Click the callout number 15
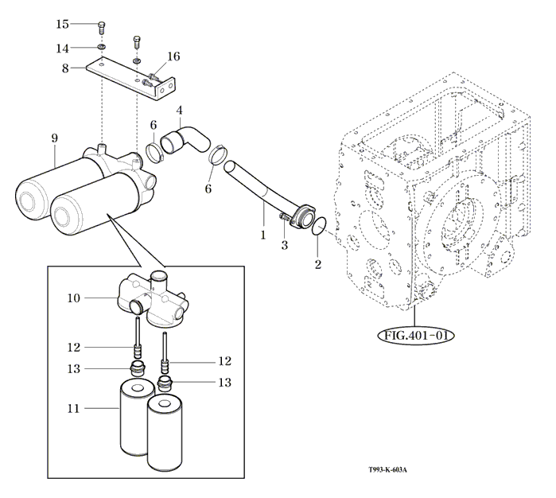(63, 25)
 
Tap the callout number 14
(63, 49)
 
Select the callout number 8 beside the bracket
(66, 69)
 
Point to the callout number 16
(173, 56)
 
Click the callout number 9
(55, 138)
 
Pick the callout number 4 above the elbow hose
(180, 110)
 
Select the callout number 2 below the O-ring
(317, 263)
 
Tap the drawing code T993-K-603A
(387, 469)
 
